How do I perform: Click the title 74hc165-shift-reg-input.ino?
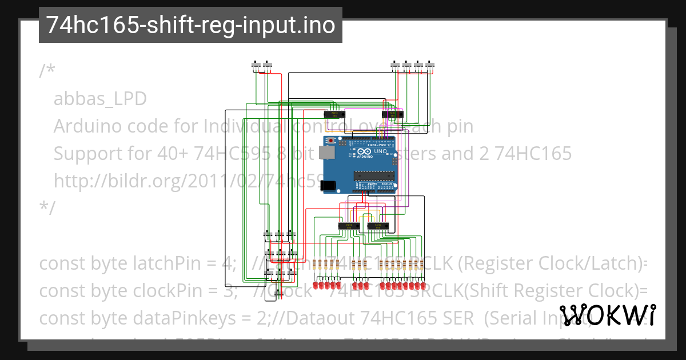point(190,25)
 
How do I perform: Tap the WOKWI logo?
point(607,315)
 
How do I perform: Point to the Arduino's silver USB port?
point(328,153)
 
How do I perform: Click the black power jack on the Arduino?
point(329,185)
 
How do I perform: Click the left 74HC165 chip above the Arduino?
point(332,114)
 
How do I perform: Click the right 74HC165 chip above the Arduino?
point(393,114)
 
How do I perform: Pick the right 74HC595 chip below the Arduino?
point(377,226)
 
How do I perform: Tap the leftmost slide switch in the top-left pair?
point(256,65)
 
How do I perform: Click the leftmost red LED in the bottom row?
point(316,285)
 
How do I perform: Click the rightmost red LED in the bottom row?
point(424,285)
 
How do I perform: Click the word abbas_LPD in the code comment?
point(100,99)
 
